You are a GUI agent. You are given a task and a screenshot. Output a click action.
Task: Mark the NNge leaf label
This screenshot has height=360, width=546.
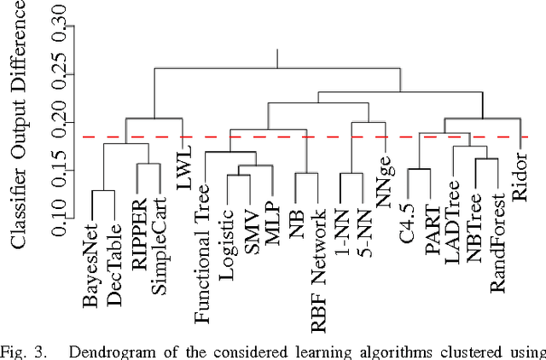coord(385,181)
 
